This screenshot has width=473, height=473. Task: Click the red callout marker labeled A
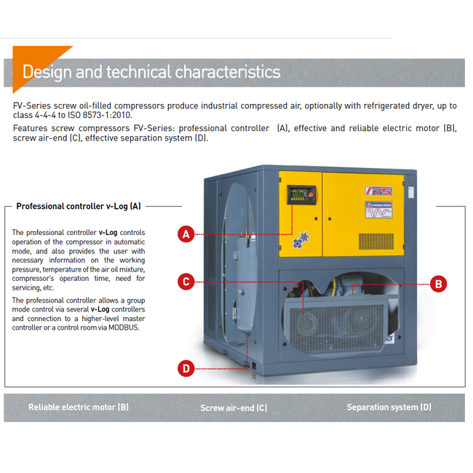[x=186, y=234]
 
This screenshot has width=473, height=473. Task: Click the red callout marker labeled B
[x=438, y=284]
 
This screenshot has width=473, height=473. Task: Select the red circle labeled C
[x=186, y=281]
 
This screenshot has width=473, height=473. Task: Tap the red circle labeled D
[x=186, y=368]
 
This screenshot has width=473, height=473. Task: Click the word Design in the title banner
[x=48, y=72]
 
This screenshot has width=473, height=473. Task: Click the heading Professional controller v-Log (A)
[x=79, y=206]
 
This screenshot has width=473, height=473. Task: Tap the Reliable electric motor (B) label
[x=79, y=408]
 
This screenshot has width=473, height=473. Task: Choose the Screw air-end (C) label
[x=234, y=408]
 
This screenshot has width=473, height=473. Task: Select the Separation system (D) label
[x=389, y=408]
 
